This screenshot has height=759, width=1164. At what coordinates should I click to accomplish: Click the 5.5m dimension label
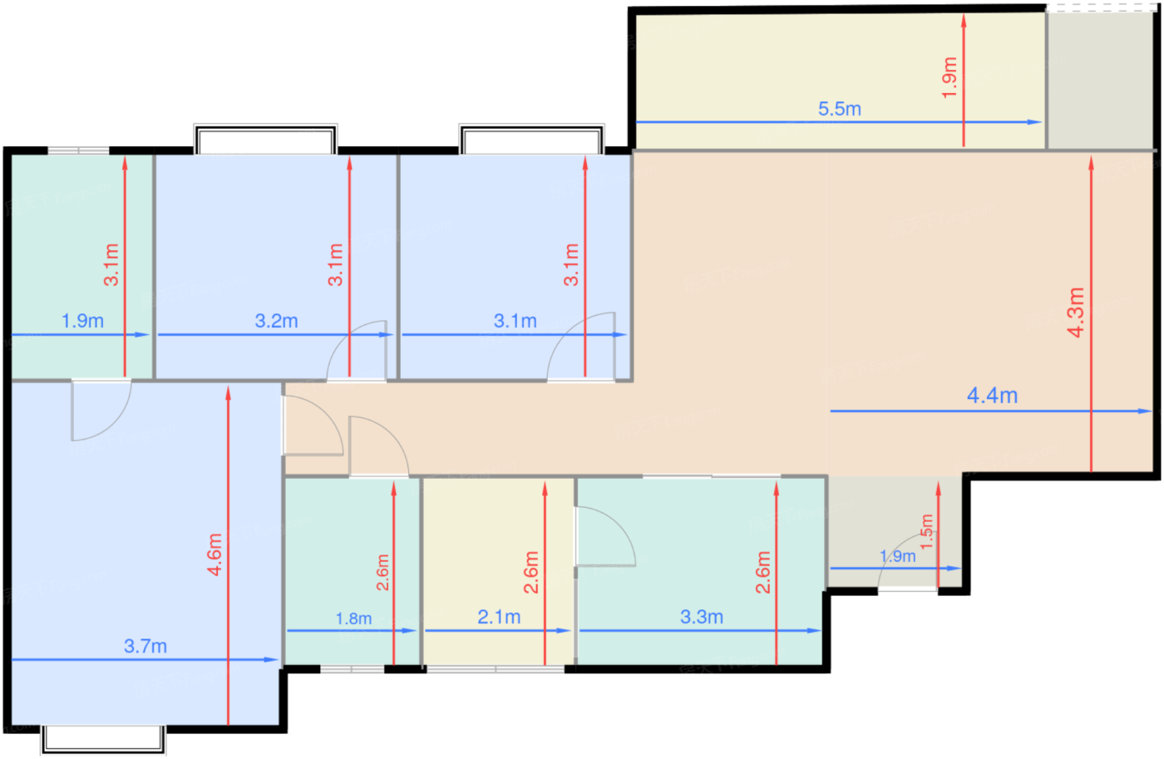click(839, 109)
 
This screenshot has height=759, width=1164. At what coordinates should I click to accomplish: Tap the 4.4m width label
click(992, 396)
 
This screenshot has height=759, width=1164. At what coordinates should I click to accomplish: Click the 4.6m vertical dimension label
click(215, 554)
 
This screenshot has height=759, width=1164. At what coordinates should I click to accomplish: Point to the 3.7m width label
click(145, 646)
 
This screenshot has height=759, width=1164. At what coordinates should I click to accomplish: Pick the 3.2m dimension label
click(276, 321)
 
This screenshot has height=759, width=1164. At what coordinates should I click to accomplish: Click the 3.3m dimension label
click(702, 617)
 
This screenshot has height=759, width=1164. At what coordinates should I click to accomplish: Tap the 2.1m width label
click(499, 617)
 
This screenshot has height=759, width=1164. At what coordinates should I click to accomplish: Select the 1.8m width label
click(353, 619)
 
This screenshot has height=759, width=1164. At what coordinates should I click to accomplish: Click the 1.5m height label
click(926, 531)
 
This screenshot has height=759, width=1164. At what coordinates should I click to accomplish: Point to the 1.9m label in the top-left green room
click(82, 321)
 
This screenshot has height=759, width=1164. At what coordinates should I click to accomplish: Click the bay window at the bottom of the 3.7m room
click(103, 740)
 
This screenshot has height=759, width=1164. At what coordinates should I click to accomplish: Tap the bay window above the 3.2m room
click(265, 139)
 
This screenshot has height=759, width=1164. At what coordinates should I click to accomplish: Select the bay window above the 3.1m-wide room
click(531, 139)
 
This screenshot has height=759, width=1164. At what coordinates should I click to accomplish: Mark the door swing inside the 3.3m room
click(619, 522)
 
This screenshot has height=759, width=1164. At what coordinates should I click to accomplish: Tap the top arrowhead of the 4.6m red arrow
click(228, 393)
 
